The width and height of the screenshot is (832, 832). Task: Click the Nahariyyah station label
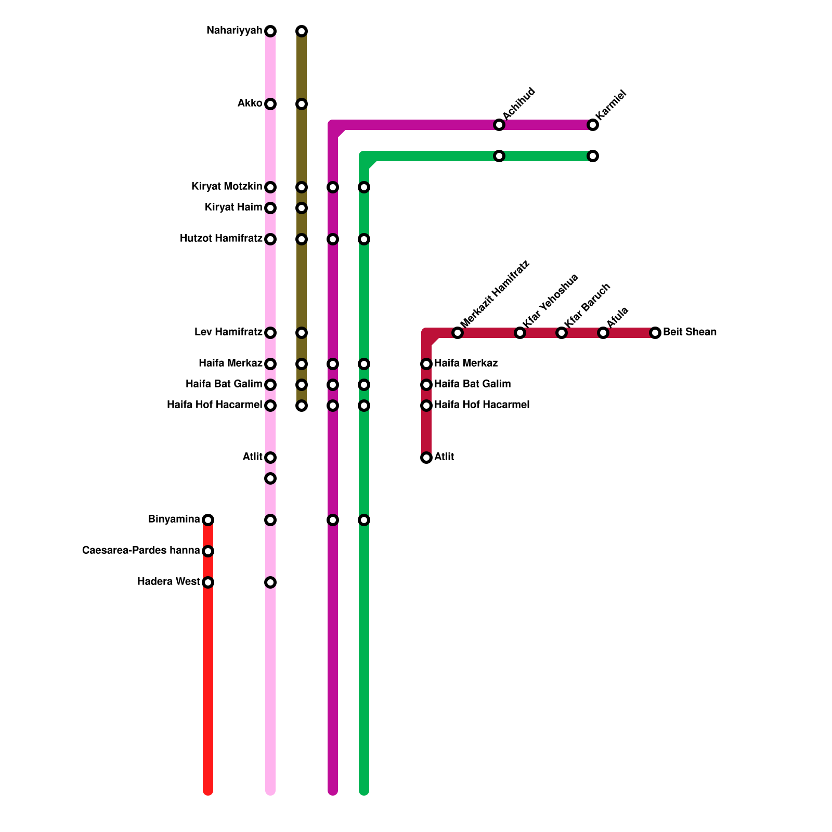pyautogui.click(x=234, y=31)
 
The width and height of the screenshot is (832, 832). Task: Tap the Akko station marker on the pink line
pyautogui.click(x=270, y=104)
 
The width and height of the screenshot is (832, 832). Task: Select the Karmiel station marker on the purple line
pyautogui.click(x=593, y=125)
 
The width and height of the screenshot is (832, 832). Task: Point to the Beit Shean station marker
pyautogui.click(x=655, y=333)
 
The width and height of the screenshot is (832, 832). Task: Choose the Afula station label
pyautogui.click(x=618, y=317)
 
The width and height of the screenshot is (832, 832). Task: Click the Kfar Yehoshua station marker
pyautogui.click(x=520, y=333)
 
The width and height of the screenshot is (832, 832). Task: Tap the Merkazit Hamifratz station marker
pyautogui.click(x=458, y=333)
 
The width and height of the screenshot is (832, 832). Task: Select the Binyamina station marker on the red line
pyautogui.click(x=208, y=520)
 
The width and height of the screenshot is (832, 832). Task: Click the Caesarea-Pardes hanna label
pyautogui.click(x=141, y=551)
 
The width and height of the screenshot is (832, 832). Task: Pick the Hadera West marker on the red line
pyautogui.click(x=208, y=582)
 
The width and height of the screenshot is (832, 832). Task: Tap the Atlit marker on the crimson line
pyautogui.click(x=426, y=458)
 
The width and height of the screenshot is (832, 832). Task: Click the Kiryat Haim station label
pyautogui.click(x=233, y=207)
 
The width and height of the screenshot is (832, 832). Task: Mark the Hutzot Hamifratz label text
pyautogui.click(x=221, y=239)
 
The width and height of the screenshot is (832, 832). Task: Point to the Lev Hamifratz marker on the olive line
pyautogui.click(x=302, y=333)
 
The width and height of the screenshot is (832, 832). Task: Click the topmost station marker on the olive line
pyautogui.click(x=302, y=31)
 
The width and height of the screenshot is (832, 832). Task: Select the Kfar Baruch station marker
pyautogui.click(x=562, y=333)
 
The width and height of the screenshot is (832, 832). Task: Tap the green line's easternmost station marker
pyautogui.click(x=593, y=156)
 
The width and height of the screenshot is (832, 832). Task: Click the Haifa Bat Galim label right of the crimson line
pyautogui.click(x=472, y=384)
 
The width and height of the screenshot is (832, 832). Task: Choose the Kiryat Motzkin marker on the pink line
pyautogui.click(x=270, y=187)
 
